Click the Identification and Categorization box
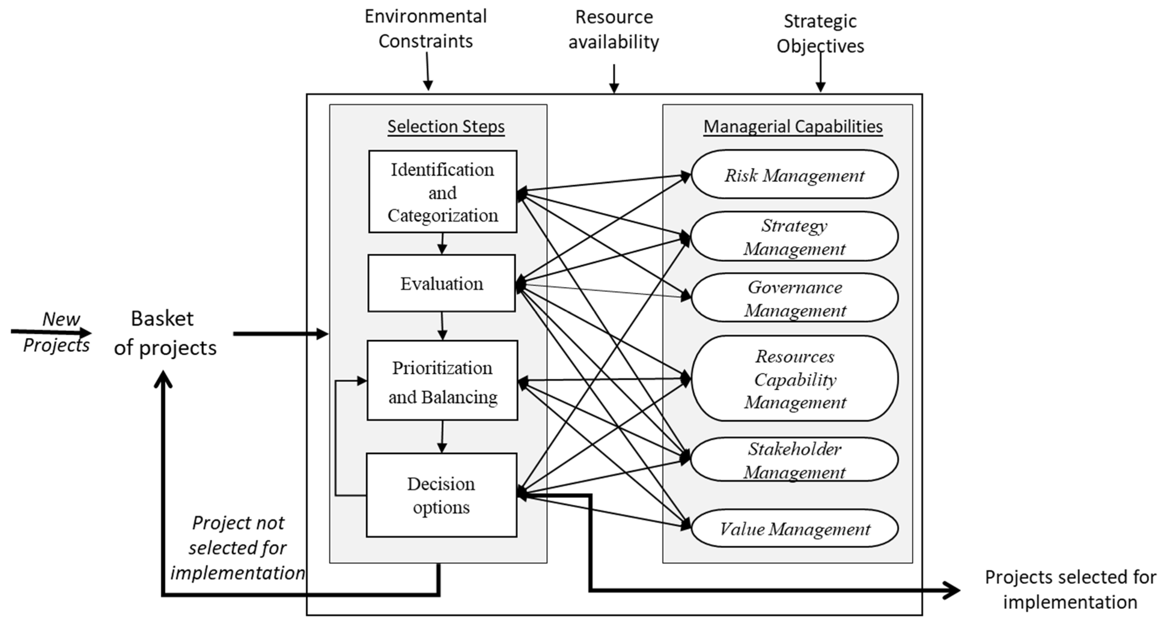click(x=442, y=192)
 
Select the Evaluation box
click(x=441, y=283)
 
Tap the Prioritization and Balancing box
click(x=442, y=381)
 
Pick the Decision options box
click(x=441, y=495)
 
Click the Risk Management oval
click(x=794, y=175)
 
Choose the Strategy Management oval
click(x=794, y=237)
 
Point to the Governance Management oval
click(x=794, y=298)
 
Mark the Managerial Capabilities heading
click(x=793, y=126)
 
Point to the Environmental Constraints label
click(x=426, y=29)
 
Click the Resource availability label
click(x=614, y=29)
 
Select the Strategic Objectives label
click(x=820, y=33)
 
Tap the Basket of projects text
click(x=165, y=333)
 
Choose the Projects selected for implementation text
click(x=1070, y=589)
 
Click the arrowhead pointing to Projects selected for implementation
click(x=953, y=590)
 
